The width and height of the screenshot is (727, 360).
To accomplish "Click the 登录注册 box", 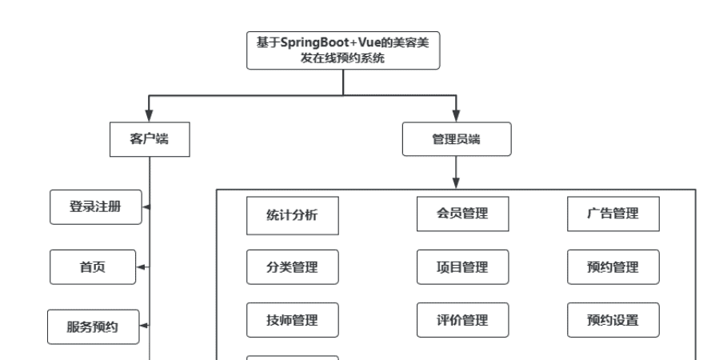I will pos(95,206).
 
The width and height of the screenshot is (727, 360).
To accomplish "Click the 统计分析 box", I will pos(292,216).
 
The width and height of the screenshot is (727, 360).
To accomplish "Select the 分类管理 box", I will pos(292,267).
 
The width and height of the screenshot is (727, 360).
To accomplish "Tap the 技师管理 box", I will pos(292,320).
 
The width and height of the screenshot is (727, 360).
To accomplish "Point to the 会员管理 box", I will pos(453,213).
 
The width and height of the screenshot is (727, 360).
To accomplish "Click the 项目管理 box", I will pos(453,266).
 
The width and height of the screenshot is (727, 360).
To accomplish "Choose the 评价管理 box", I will pos(453,320).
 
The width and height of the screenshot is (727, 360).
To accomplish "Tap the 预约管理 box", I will pos(613,266).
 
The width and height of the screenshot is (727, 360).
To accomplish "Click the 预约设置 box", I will pos(613,320).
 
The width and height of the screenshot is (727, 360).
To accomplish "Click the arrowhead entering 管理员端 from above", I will pos(455,116).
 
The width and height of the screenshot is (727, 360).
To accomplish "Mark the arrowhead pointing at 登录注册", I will pos(147,207).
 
